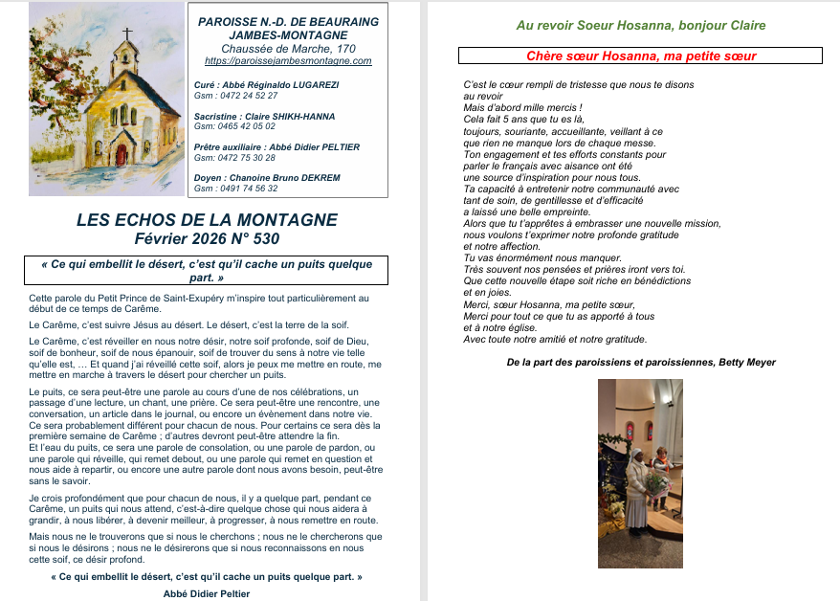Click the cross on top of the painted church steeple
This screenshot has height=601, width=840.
(125, 32)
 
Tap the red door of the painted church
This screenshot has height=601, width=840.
(121, 154)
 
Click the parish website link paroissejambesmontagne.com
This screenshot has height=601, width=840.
(288, 61)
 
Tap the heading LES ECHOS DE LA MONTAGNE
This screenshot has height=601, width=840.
(207, 220)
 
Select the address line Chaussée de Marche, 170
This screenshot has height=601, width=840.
(288, 49)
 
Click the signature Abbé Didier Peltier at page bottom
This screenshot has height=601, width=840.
(207, 593)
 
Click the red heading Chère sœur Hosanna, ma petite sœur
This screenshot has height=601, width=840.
(640, 56)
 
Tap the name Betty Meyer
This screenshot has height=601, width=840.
(750, 362)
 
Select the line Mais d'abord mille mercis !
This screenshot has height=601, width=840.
(522, 107)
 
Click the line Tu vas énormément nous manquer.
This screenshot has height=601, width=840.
(542, 257)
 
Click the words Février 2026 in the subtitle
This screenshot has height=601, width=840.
(178, 238)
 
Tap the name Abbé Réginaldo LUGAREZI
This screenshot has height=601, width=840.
(280, 85)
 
